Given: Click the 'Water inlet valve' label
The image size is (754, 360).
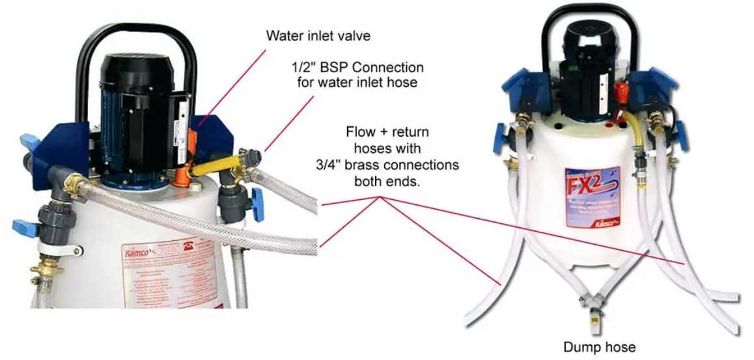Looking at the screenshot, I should click(318, 36).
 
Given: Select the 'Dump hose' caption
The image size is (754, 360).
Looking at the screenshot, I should click(599, 347).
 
